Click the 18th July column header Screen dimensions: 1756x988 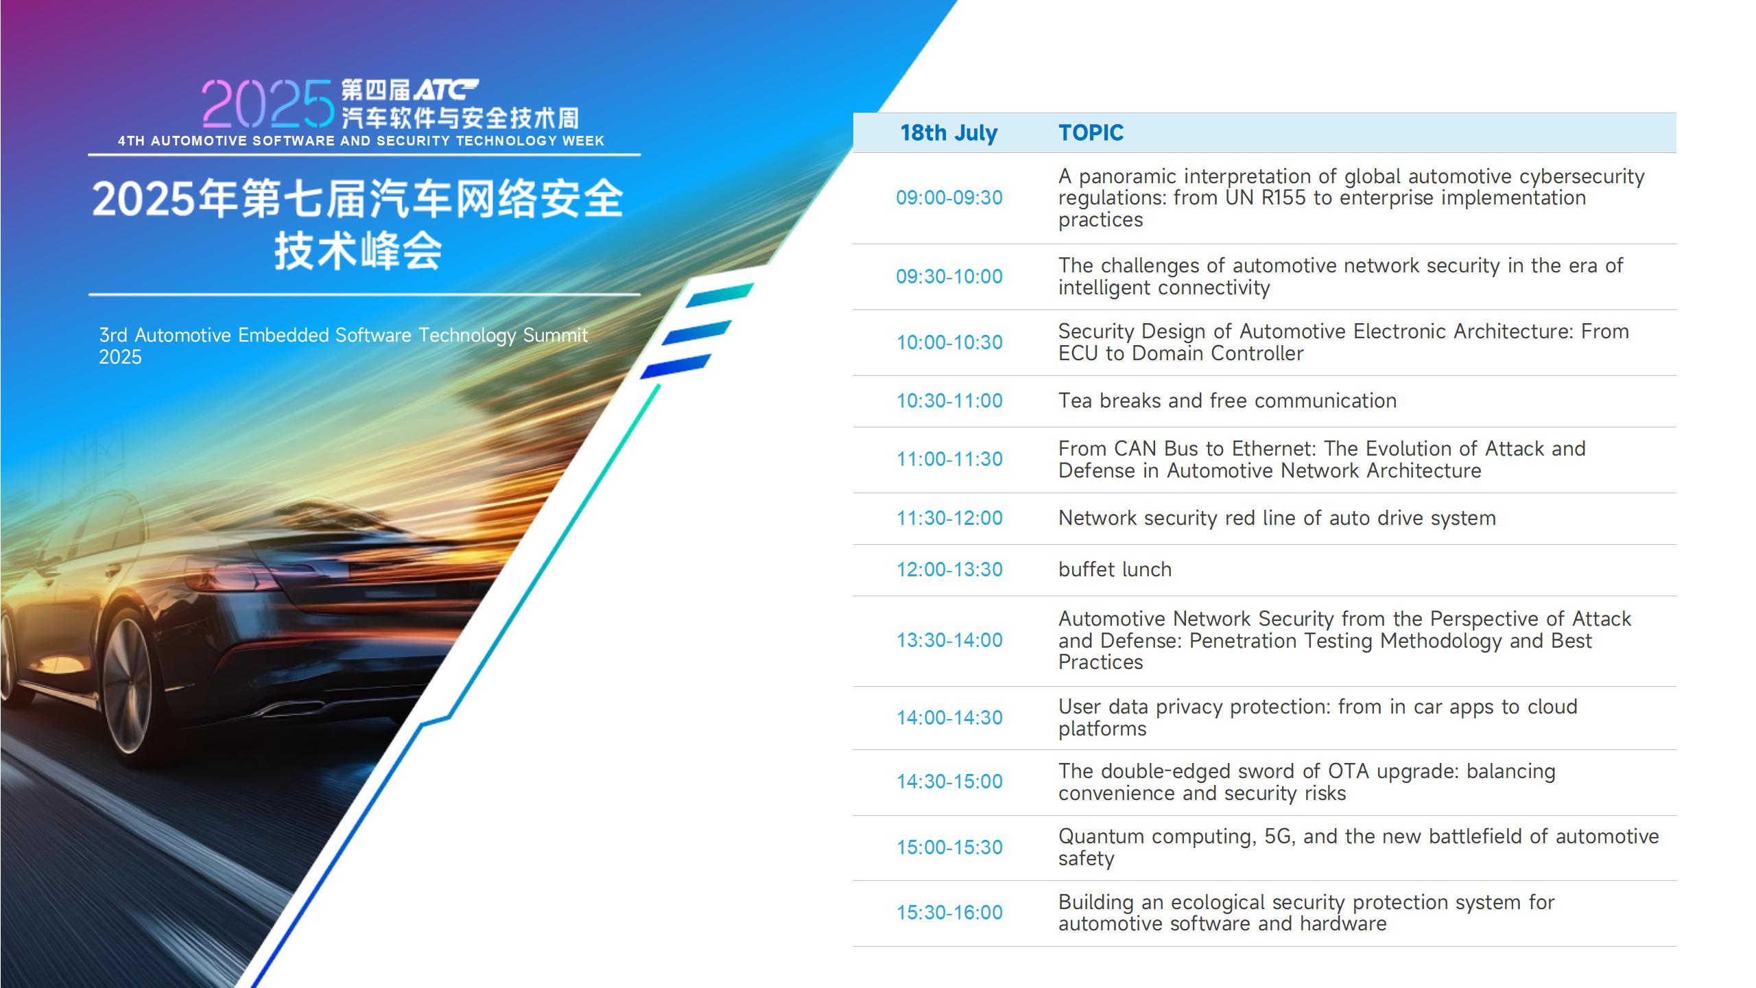pos(949,133)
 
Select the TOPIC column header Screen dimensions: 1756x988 pos(1091,133)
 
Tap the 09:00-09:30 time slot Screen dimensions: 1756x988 pos(949,198)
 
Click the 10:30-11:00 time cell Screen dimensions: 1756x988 pos(949,401)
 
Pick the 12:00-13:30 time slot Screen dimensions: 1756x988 pos(949,569)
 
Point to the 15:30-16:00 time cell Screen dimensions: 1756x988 pos(949,913)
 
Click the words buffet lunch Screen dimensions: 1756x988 pos(1115,569)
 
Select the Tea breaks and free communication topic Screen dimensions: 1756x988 pos(1227,401)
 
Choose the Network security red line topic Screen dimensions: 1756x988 pos(1277,518)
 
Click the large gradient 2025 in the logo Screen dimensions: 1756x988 pos(268,104)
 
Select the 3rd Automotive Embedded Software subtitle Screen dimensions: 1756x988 pos(343,346)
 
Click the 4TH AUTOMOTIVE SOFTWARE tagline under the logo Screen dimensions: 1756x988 pos(361,141)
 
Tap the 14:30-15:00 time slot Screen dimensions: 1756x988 pos(949,781)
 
